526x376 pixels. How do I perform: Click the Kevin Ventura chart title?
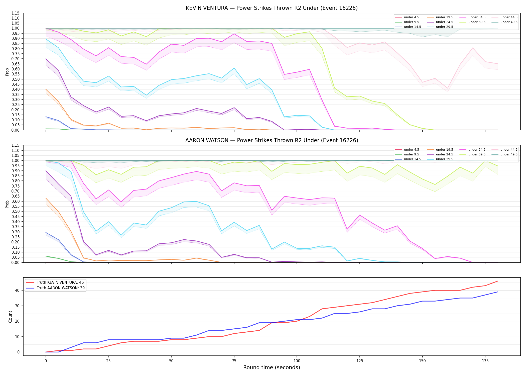(272, 8)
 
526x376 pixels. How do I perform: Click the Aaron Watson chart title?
(272, 140)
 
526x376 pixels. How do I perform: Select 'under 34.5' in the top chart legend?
(477, 17)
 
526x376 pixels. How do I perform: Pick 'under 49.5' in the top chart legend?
(509, 22)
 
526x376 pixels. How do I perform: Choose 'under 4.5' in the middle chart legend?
(411, 150)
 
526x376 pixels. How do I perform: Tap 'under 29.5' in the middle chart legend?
(444, 159)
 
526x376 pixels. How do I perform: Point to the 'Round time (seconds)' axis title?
(272, 367)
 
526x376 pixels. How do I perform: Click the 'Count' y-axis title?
(10, 317)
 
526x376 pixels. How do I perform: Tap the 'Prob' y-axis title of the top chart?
(7, 72)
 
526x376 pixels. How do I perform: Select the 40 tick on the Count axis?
(17, 290)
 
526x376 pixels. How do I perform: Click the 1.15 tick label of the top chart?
(16, 13)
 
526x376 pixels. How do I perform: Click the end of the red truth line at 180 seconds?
(498, 281)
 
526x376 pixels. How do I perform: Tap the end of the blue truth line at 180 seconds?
(498, 292)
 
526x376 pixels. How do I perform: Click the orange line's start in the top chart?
(46, 89)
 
